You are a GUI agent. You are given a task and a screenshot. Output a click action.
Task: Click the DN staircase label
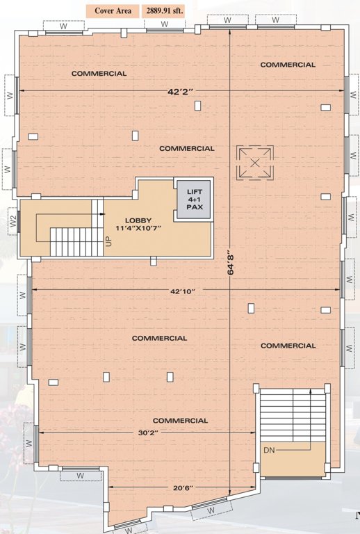270,451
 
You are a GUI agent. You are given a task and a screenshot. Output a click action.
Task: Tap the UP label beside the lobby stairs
108,241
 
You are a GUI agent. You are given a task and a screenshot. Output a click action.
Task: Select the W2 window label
12,221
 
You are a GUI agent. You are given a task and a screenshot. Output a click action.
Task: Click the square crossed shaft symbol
255,162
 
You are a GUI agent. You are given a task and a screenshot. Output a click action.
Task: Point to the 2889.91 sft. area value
165,11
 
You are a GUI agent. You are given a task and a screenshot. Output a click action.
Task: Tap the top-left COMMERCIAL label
99,73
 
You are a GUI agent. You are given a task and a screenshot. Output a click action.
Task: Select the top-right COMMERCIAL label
288,65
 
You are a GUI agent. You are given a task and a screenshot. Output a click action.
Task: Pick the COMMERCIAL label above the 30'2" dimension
180,421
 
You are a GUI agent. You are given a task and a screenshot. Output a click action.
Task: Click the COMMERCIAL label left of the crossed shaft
186,148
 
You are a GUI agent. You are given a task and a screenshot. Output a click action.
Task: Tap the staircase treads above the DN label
293,414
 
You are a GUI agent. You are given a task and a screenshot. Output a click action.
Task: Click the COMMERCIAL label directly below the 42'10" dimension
159,338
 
